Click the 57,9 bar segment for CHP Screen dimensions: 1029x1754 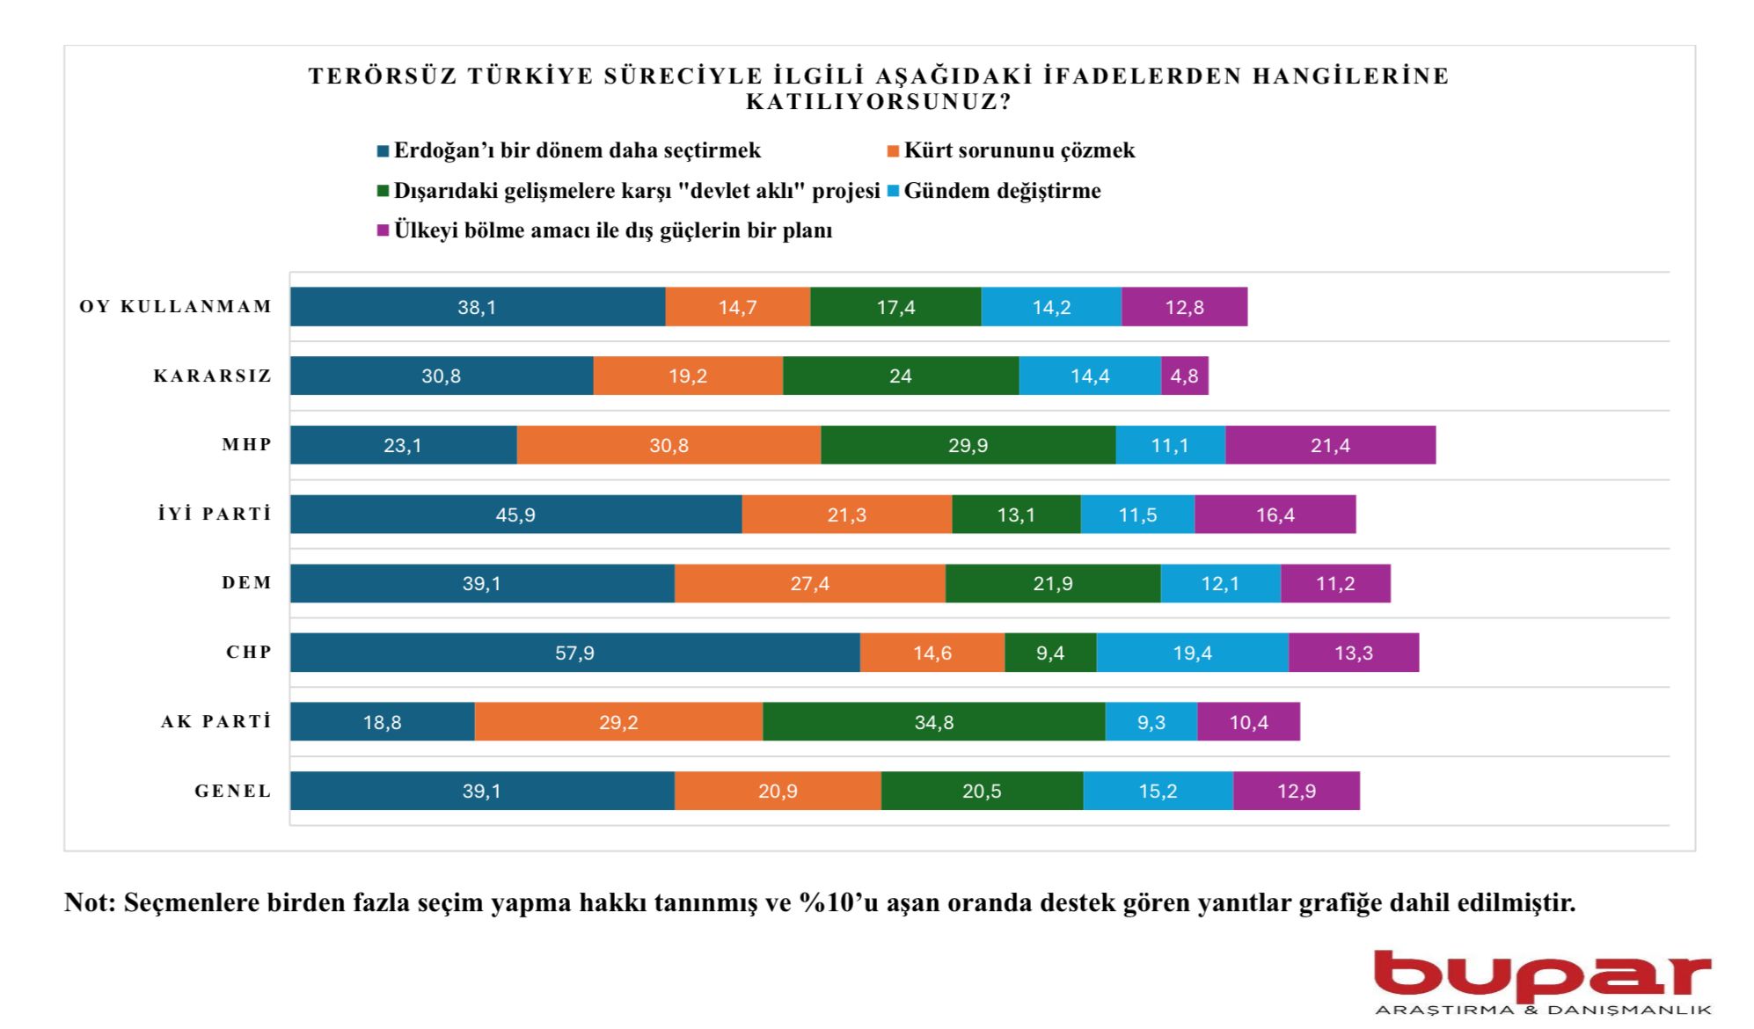574,653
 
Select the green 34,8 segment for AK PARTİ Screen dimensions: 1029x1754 933,722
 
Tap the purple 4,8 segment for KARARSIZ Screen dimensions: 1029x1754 1184,376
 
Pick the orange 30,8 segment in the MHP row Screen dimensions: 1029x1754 669,445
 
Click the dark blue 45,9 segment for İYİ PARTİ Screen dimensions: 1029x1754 515,514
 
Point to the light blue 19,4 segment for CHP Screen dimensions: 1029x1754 1192,653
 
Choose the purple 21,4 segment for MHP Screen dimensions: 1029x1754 1330,445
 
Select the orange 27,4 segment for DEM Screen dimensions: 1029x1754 809,583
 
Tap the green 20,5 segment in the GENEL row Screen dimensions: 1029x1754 982,791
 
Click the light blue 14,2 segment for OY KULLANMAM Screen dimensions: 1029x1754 1051,307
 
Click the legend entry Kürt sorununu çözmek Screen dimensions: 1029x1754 1019,150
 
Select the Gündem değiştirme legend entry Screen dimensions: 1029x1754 1001,191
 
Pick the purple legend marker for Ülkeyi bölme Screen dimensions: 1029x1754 383,230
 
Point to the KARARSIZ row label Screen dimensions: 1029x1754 213,376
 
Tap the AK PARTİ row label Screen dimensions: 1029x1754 216,722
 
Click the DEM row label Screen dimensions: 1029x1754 247,583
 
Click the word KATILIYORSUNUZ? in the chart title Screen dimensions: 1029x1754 878,102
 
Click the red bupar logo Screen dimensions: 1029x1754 1542,977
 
